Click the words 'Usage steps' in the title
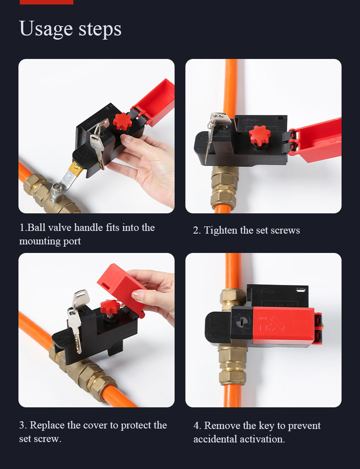point(70,29)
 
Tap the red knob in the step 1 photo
point(122,122)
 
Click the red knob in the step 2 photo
point(260,135)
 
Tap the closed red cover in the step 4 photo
point(283,325)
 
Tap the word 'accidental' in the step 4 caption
point(215,439)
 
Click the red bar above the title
point(46,2)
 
